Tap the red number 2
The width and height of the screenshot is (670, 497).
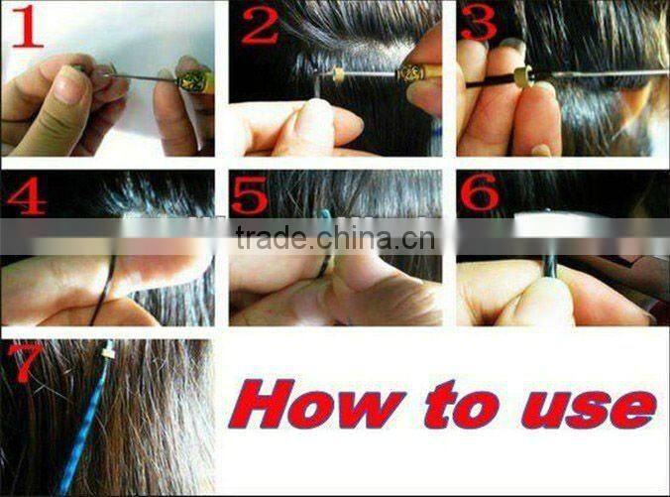[259, 25]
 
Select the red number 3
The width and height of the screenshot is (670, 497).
[480, 23]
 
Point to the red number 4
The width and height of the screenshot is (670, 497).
[26, 195]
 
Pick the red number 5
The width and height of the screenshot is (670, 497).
[250, 194]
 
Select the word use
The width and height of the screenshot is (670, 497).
[591, 408]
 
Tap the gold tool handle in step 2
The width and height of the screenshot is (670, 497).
[412, 72]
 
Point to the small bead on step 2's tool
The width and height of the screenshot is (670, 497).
[338, 74]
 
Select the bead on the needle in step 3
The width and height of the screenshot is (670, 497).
[517, 75]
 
